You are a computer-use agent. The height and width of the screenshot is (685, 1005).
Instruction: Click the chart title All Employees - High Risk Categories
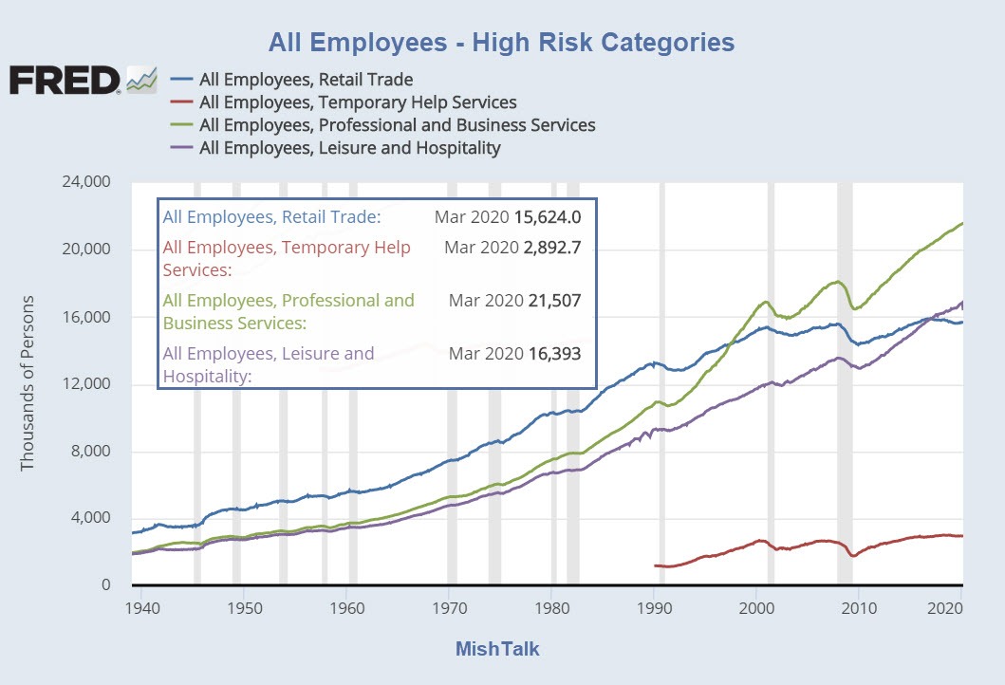point(501,42)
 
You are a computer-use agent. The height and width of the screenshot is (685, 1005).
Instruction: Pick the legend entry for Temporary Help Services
point(358,102)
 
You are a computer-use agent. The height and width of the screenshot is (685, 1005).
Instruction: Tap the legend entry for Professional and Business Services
point(397,125)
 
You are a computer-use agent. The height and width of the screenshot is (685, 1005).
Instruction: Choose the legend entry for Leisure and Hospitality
point(349,148)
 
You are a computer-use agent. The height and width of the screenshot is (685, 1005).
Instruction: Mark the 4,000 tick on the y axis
point(89,518)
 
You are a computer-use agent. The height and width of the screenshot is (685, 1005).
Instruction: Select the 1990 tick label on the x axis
point(654,606)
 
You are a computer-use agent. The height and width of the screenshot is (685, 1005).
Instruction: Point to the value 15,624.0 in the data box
point(547,217)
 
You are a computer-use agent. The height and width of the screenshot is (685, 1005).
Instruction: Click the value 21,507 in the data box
point(553,301)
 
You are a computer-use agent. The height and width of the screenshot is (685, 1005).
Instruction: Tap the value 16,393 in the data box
point(553,354)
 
